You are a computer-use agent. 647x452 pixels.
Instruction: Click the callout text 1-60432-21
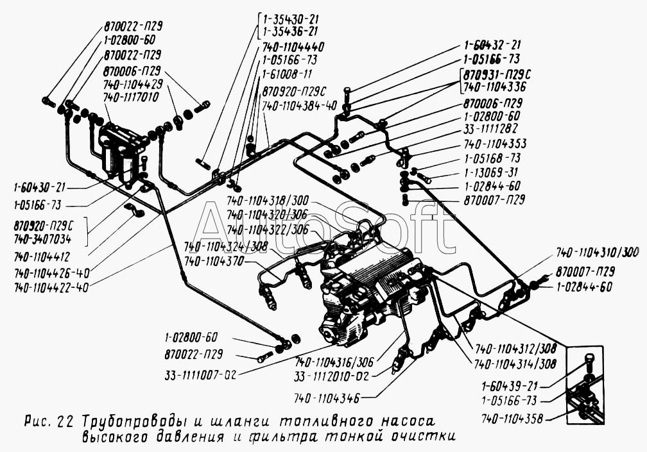pyautogui.click(x=492, y=46)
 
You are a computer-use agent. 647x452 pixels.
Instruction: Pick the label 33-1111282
pyautogui.click(x=492, y=130)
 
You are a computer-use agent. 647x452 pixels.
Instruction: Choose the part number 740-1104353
pyautogui.click(x=496, y=144)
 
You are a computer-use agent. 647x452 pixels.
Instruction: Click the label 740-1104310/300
pyautogui.click(x=598, y=252)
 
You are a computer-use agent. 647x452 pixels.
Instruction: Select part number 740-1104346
pyautogui.click(x=328, y=398)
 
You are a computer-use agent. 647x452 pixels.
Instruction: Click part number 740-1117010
pyautogui.click(x=133, y=96)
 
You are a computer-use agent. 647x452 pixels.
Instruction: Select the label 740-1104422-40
pyautogui.click(x=51, y=288)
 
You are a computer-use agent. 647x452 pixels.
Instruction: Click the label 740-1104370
pyautogui.click(x=214, y=262)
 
